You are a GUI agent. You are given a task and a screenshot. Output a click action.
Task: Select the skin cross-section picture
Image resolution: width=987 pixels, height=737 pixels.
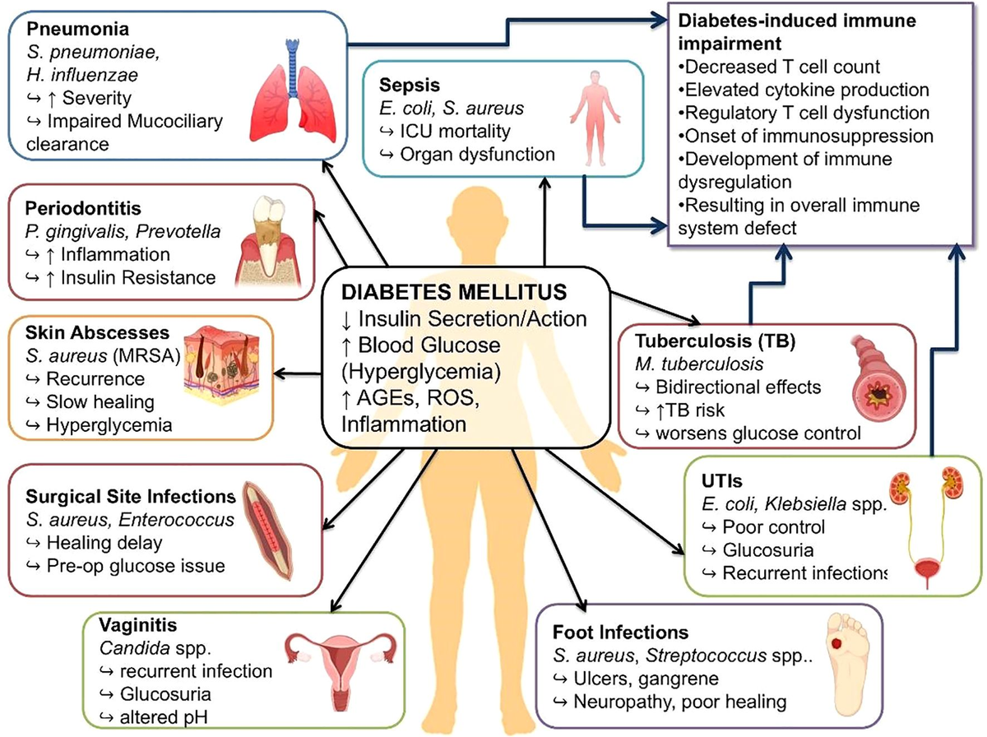pos(222,364)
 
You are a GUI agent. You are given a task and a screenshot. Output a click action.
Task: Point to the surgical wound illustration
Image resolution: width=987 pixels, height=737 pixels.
pos(267,531)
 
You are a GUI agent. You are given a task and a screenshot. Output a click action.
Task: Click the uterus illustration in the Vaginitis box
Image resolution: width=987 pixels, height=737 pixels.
pos(341,671)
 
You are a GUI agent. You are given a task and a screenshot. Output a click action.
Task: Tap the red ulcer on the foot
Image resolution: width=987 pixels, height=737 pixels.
pos(836,643)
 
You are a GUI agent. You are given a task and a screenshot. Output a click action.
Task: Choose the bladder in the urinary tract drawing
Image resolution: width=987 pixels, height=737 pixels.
pos(927,570)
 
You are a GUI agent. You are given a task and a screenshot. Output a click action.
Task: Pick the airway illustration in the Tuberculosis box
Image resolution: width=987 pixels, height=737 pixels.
pos(876,378)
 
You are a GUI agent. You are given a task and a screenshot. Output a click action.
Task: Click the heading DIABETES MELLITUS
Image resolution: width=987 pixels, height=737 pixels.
pos(454,292)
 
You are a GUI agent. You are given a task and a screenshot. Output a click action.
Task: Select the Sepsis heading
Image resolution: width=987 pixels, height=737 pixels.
pos(409,85)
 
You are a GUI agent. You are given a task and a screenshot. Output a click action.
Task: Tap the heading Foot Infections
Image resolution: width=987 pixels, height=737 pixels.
pos(620,633)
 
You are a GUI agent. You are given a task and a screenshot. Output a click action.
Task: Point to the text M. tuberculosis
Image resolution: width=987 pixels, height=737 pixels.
pos(699,364)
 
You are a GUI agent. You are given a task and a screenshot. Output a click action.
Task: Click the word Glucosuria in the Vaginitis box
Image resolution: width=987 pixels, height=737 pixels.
pos(165,694)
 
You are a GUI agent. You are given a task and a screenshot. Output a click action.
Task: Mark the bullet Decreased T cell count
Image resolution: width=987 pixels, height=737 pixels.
pos(779,67)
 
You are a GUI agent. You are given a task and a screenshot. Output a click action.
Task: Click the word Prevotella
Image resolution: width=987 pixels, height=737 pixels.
pos(178,231)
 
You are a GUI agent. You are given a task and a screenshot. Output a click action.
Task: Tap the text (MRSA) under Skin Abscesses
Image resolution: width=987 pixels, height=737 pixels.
pos(146,355)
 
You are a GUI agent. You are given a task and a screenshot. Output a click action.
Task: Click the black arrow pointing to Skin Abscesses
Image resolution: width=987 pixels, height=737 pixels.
pos(298,373)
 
